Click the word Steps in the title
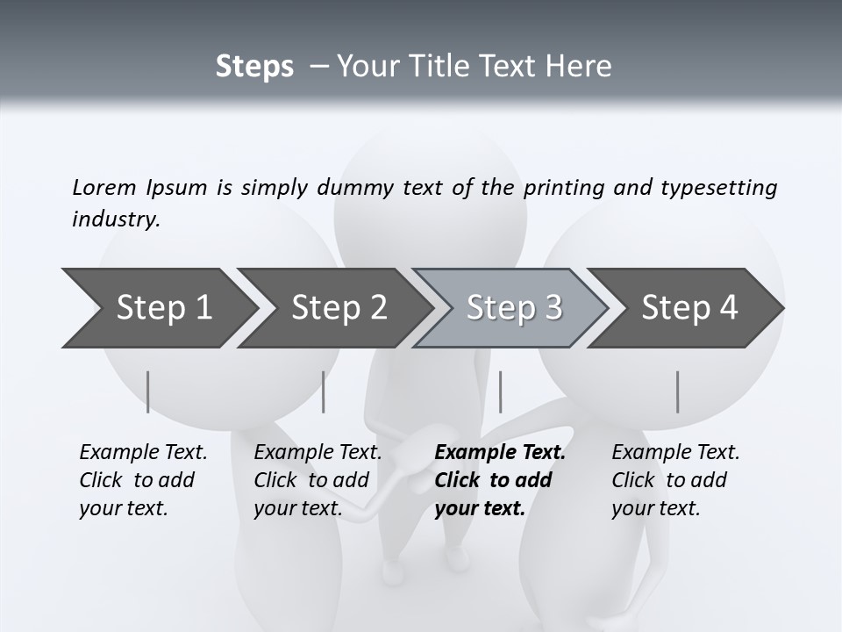[x=254, y=67]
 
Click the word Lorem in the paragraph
[x=103, y=187]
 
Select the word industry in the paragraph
[x=115, y=219]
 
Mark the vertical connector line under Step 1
[x=148, y=391]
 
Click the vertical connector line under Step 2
[x=324, y=391]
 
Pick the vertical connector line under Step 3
[x=500, y=391]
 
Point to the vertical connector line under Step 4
[x=678, y=391]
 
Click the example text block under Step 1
[x=143, y=480]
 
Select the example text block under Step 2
[x=318, y=480]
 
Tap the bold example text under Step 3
[x=499, y=480]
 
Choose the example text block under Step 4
[x=675, y=480]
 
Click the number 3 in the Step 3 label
[x=552, y=308]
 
